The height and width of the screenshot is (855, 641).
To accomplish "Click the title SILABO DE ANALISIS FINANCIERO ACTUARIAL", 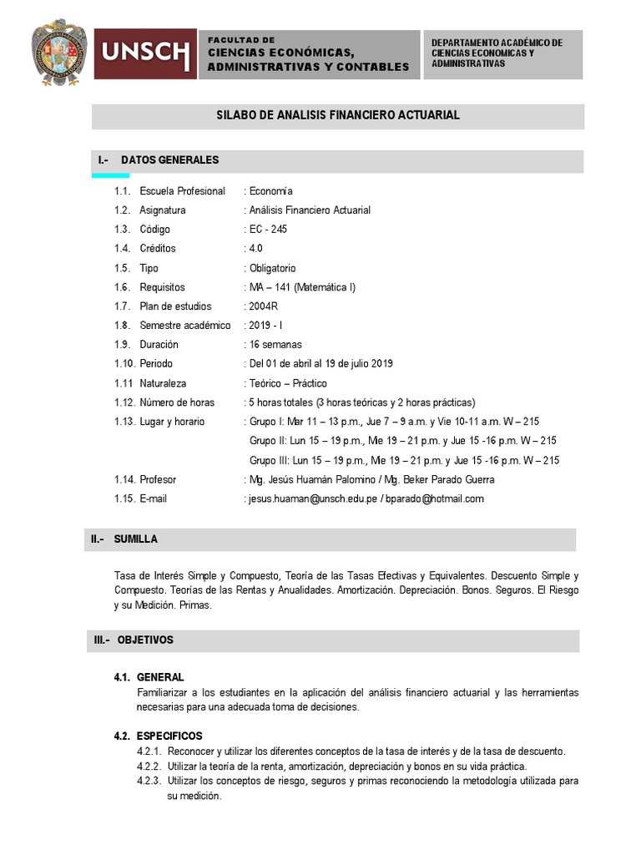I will click(x=338, y=115).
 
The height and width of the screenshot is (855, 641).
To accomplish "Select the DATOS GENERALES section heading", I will click(x=169, y=159).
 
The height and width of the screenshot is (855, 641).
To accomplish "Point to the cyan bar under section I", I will click(x=110, y=175).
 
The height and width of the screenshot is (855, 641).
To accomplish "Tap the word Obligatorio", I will click(x=272, y=268).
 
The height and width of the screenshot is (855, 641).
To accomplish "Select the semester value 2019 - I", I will click(x=266, y=325).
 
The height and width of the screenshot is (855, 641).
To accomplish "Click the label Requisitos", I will click(x=162, y=287).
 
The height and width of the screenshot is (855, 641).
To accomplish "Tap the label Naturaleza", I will click(x=163, y=383).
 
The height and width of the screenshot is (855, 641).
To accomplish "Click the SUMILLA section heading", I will click(x=136, y=539).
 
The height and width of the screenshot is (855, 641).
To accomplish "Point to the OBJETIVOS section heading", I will click(x=145, y=640).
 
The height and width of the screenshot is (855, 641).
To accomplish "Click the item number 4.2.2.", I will click(x=150, y=766).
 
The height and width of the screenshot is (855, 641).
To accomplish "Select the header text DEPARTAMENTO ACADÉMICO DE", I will click(x=497, y=43).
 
